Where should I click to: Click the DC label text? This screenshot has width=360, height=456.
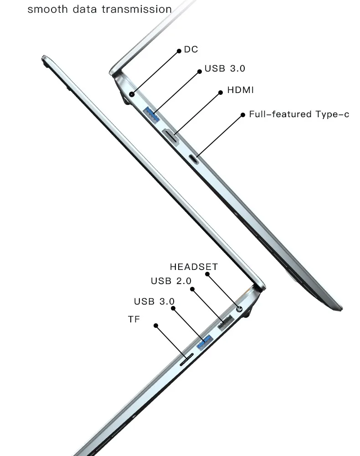[x=191, y=49]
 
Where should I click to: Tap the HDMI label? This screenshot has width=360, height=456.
[x=240, y=90]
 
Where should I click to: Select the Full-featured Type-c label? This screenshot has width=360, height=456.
[x=299, y=114]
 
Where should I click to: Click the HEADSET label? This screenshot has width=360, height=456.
[x=194, y=267]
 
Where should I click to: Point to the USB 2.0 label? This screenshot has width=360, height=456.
[x=171, y=281]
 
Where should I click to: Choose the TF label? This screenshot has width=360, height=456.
[x=134, y=319]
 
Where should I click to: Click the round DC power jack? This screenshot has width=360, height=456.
[x=132, y=94]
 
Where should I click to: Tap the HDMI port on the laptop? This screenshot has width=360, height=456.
[x=170, y=136]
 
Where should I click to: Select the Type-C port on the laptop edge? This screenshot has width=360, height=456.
[x=194, y=159]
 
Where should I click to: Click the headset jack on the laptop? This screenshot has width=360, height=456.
[x=239, y=309]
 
